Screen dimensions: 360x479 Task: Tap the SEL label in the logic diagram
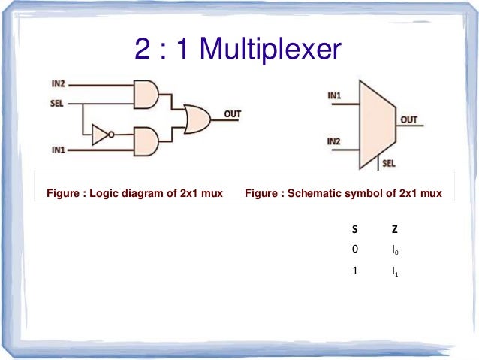(56, 101)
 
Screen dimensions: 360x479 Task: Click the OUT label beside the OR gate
(232, 113)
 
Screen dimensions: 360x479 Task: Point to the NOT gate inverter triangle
(100, 135)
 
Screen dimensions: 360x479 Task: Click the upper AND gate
(146, 93)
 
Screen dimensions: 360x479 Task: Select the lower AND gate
(146, 141)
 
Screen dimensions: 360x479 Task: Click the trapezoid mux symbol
(379, 120)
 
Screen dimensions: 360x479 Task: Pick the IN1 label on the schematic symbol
(335, 96)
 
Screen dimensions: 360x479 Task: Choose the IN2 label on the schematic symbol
(335, 141)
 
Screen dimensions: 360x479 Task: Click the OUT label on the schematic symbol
(408, 119)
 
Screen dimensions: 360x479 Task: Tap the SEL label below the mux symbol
(389, 163)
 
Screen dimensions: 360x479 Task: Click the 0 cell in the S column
(355, 249)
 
